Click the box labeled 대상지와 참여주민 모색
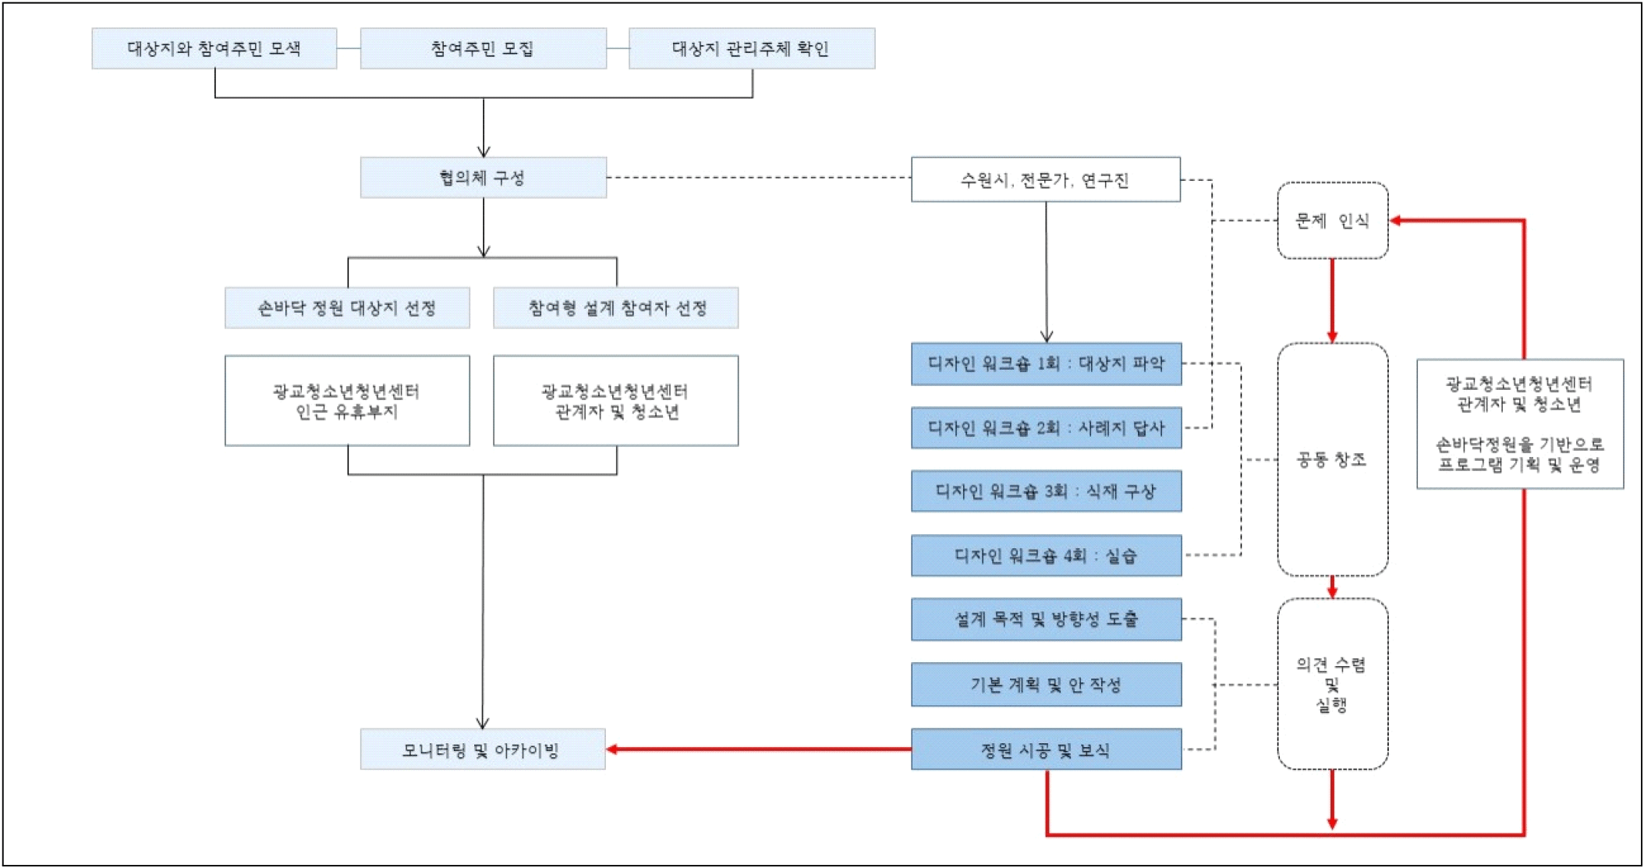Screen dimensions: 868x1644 (x=214, y=48)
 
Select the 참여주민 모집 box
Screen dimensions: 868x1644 (x=483, y=48)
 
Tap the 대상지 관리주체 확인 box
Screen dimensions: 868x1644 (x=751, y=48)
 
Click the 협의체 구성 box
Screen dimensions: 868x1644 (x=483, y=178)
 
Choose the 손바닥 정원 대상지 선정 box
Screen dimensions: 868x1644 (x=347, y=308)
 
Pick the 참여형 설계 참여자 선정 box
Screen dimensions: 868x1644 (x=615, y=308)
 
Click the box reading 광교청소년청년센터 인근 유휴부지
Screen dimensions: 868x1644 (x=347, y=401)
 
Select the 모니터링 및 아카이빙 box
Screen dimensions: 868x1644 (x=482, y=749)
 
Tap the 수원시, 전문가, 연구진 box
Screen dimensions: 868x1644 (x=1045, y=180)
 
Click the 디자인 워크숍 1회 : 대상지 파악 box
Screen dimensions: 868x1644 (x=1046, y=363)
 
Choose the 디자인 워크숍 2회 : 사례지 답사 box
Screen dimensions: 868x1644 (x=1046, y=427)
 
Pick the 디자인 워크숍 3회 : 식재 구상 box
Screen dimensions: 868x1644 (x=1046, y=491)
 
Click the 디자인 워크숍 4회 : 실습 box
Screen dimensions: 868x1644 (x=1046, y=555)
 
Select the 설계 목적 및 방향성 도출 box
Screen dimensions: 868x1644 (x=1046, y=619)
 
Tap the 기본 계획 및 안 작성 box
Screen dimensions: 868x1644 (x=1046, y=685)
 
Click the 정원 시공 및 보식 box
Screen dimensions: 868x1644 (x=1046, y=749)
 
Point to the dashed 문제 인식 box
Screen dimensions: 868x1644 (x=1332, y=221)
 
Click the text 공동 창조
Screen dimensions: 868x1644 (x=1331, y=459)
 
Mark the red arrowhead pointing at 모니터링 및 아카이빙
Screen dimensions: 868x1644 (x=613, y=749)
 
